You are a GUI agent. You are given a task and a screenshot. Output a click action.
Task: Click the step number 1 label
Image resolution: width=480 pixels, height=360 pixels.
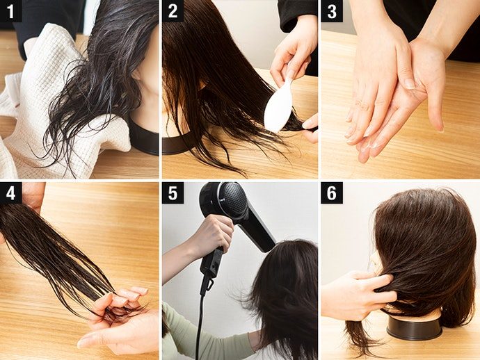coord(10,11)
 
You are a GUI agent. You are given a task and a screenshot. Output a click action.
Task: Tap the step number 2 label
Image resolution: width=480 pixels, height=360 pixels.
coord(173,11)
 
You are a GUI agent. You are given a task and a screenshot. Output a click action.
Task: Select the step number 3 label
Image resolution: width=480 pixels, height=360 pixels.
coord(332,11)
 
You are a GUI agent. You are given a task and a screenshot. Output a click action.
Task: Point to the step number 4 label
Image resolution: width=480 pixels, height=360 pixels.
coord(10,193)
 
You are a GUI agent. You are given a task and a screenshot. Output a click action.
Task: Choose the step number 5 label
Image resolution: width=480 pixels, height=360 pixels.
coord(173,193)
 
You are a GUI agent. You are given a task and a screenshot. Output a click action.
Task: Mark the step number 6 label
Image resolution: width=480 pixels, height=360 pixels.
coord(332,193)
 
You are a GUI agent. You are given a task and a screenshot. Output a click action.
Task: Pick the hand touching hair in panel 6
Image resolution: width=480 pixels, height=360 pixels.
coord(358,294)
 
